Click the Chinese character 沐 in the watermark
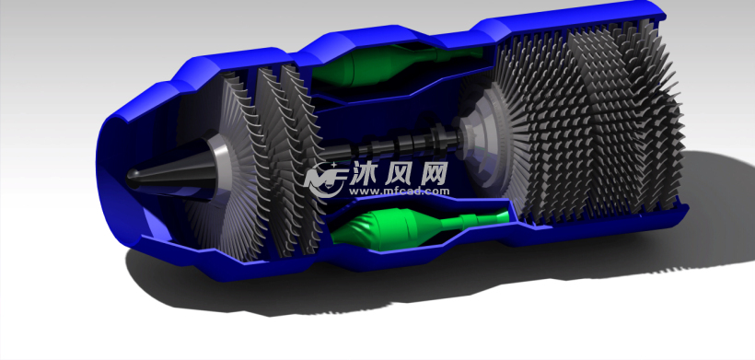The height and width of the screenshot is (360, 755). click(x=364, y=173)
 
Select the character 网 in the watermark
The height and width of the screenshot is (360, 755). click(x=434, y=173)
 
